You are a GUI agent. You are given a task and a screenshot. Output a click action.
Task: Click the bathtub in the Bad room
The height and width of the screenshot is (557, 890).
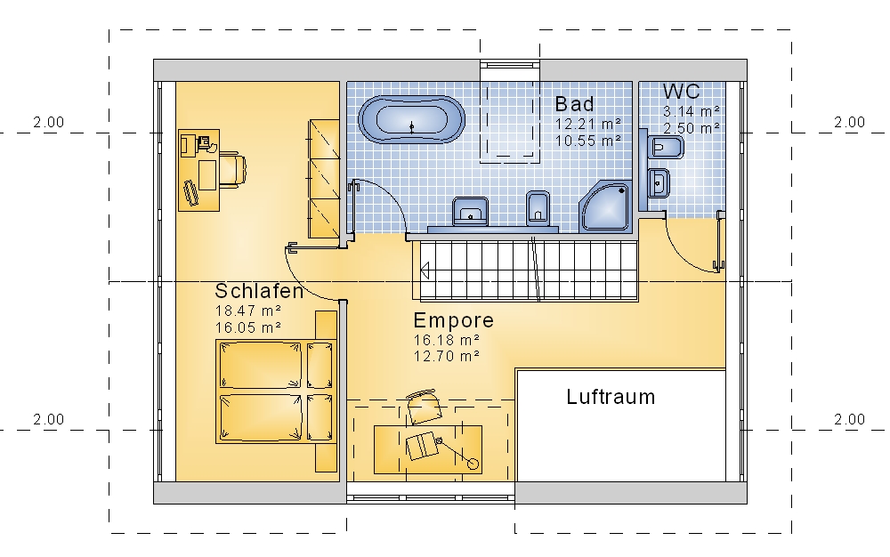click(411, 120)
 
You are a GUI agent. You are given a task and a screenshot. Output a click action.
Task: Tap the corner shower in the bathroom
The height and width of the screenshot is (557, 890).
click(606, 207)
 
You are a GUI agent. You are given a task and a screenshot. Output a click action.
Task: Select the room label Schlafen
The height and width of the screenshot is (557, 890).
click(259, 291)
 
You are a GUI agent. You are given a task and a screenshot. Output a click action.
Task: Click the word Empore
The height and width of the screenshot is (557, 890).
click(454, 320)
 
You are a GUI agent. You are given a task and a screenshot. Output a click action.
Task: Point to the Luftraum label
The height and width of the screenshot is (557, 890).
click(611, 397)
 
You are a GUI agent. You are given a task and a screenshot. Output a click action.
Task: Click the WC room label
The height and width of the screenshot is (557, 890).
click(681, 92)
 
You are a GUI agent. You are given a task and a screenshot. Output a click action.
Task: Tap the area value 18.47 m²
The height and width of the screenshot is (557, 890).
click(248, 311)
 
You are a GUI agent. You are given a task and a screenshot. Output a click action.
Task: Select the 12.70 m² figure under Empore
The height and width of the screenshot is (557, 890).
click(447, 356)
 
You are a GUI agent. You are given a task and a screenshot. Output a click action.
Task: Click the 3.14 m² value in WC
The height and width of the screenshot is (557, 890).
click(692, 111)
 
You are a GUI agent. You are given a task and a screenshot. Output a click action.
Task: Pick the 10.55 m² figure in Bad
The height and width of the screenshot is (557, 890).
click(588, 141)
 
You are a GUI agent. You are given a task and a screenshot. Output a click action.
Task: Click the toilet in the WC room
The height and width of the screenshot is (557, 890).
click(665, 148)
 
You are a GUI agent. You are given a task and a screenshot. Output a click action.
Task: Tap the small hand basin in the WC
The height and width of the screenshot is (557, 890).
click(659, 183)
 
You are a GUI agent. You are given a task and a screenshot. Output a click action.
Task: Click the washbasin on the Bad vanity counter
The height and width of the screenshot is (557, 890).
click(470, 212)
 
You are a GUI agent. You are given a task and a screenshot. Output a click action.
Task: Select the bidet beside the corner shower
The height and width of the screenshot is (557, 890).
click(538, 208)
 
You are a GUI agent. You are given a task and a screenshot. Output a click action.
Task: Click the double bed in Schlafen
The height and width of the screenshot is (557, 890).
click(276, 392)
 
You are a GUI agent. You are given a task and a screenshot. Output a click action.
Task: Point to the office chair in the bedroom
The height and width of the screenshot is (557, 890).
click(232, 169)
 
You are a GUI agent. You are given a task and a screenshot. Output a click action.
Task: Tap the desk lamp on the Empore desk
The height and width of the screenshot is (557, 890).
click(457, 453)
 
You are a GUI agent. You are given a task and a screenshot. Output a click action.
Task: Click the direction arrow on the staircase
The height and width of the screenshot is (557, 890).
click(424, 271)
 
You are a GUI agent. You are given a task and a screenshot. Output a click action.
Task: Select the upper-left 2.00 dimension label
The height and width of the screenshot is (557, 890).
click(48, 123)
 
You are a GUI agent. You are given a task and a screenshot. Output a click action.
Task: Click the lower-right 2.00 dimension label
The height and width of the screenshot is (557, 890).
click(849, 420)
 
